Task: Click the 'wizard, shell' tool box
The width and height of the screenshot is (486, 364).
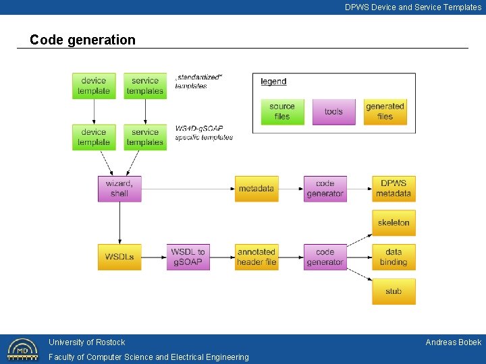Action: pos(119,189)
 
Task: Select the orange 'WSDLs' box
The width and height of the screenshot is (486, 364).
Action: pos(119,257)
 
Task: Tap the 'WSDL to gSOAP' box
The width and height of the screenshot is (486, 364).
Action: pos(188,257)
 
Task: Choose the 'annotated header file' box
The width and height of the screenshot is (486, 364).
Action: pos(256,257)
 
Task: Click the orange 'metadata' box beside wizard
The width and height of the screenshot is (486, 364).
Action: pos(256,189)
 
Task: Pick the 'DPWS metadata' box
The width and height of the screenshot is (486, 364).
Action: pos(394,189)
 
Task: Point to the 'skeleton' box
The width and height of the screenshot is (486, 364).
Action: pos(394,222)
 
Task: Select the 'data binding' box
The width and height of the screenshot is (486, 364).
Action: pos(394,257)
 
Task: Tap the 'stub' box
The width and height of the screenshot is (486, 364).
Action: pos(394,291)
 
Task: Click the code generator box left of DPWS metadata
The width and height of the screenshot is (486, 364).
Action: pos(325,189)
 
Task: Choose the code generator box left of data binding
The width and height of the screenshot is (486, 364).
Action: pos(325,257)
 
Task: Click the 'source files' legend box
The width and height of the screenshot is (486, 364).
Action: pos(282,111)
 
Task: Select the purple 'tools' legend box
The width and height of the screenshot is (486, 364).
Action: pos(333,111)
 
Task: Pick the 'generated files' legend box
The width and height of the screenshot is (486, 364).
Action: pos(385,111)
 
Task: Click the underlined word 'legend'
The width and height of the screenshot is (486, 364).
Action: pos(273,82)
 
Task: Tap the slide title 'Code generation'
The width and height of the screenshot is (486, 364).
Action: pos(82,40)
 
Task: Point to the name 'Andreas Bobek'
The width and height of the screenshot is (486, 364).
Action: pos(453,342)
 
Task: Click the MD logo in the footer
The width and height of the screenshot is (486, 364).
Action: pos(22,349)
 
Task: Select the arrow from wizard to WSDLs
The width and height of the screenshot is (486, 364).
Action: pos(119,222)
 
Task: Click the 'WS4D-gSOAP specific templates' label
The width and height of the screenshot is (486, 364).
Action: pos(204,133)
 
